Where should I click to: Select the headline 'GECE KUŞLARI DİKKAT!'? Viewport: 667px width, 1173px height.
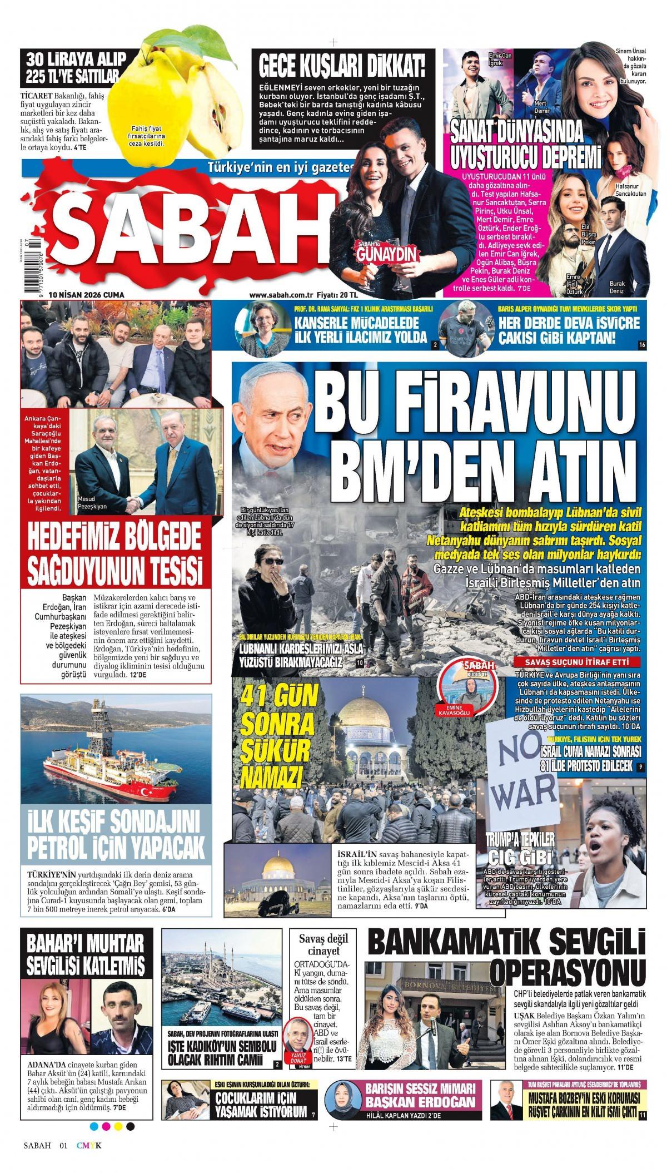pyautogui.click(x=342, y=67)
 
